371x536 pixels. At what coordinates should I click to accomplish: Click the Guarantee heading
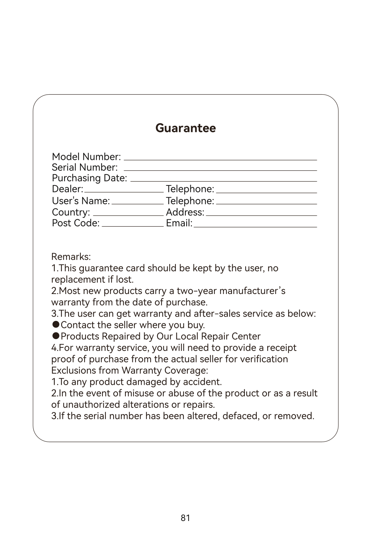(185, 128)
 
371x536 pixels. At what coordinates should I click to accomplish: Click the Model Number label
(86, 157)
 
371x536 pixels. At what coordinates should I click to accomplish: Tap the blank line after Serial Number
(220, 170)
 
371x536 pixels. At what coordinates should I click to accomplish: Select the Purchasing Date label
(89, 178)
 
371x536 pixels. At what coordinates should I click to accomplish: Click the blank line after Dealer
(124, 192)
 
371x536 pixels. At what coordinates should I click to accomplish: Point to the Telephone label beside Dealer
(190, 189)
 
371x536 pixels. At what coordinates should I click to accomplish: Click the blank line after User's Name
(137, 204)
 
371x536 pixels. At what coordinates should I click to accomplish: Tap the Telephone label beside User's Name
(190, 201)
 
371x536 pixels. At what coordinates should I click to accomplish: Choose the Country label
(71, 212)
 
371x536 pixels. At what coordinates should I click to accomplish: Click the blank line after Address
(261, 215)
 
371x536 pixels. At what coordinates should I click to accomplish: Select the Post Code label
(76, 223)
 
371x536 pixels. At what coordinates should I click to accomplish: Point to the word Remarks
(71, 257)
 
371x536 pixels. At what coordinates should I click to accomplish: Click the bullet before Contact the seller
(55, 324)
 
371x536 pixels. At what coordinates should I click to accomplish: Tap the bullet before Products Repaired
(55, 336)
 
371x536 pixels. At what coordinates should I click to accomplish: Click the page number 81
(185, 518)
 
